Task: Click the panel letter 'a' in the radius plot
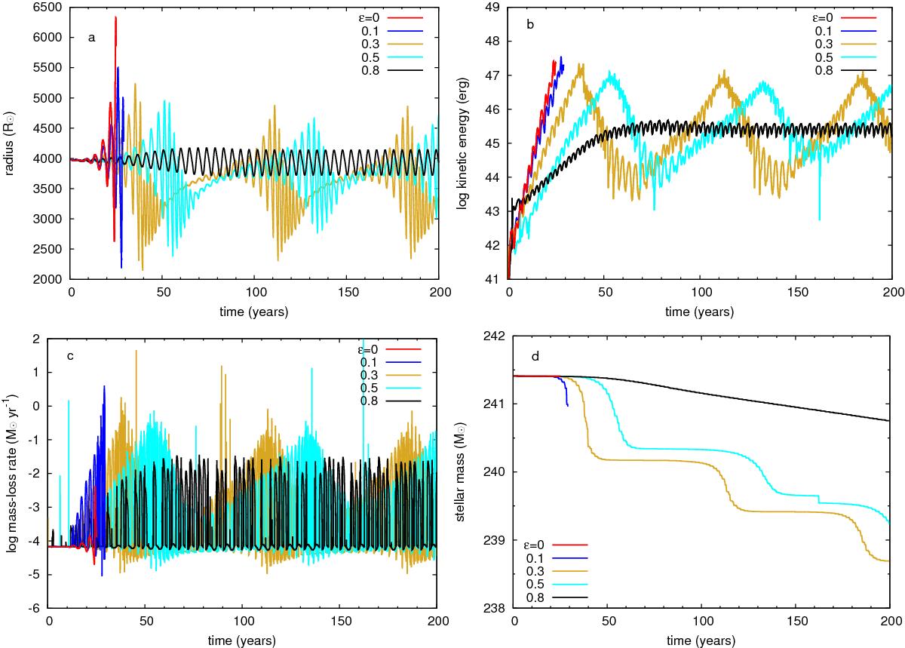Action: tap(91, 38)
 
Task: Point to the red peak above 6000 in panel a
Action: tap(115, 18)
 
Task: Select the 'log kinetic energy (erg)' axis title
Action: tap(462, 143)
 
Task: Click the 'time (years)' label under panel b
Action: tap(700, 311)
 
